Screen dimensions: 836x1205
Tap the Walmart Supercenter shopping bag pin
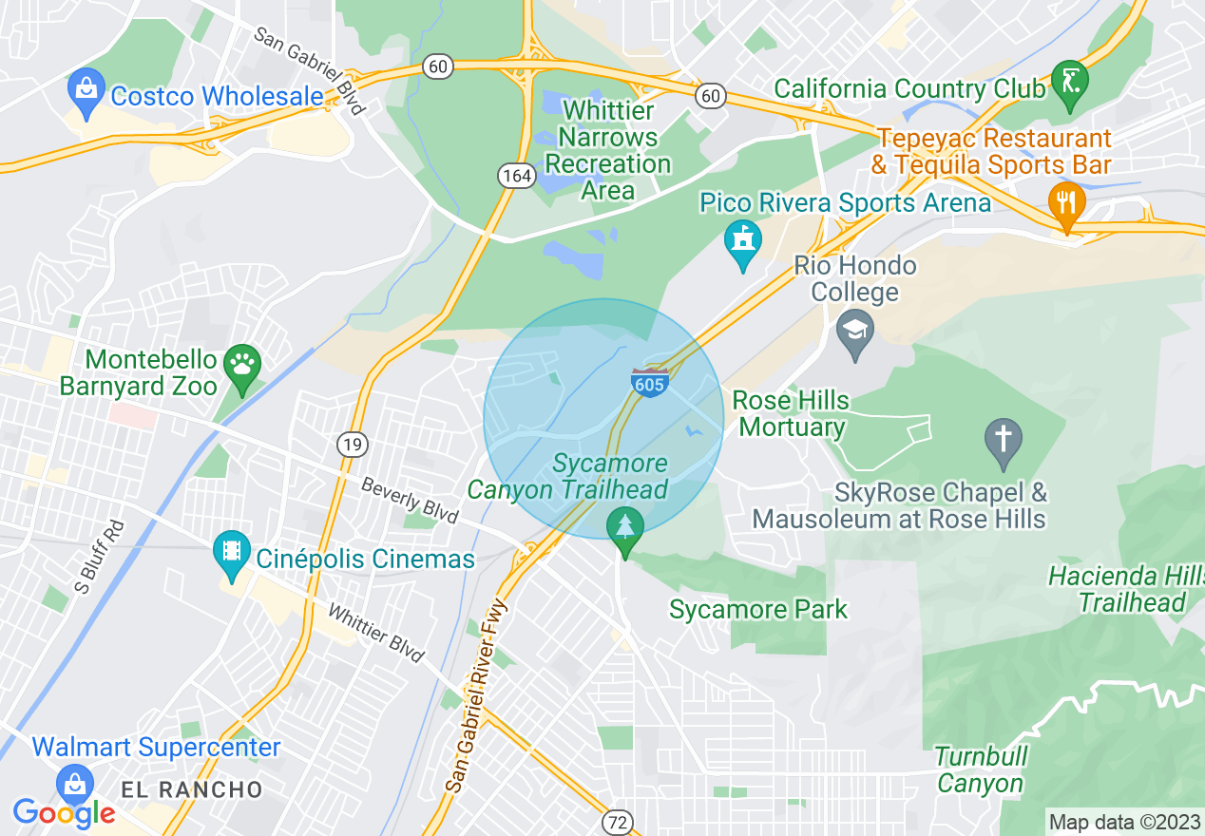click(x=73, y=785)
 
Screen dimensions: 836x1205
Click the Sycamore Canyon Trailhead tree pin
click(x=624, y=528)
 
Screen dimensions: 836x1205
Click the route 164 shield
click(x=515, y=175)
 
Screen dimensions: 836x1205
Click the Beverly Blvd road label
click(x=409, y=501)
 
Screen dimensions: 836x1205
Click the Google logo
click(x=64, y=813)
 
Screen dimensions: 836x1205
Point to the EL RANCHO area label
click(x=191, y=789)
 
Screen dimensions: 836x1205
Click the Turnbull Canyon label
click(x=981, y=770)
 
